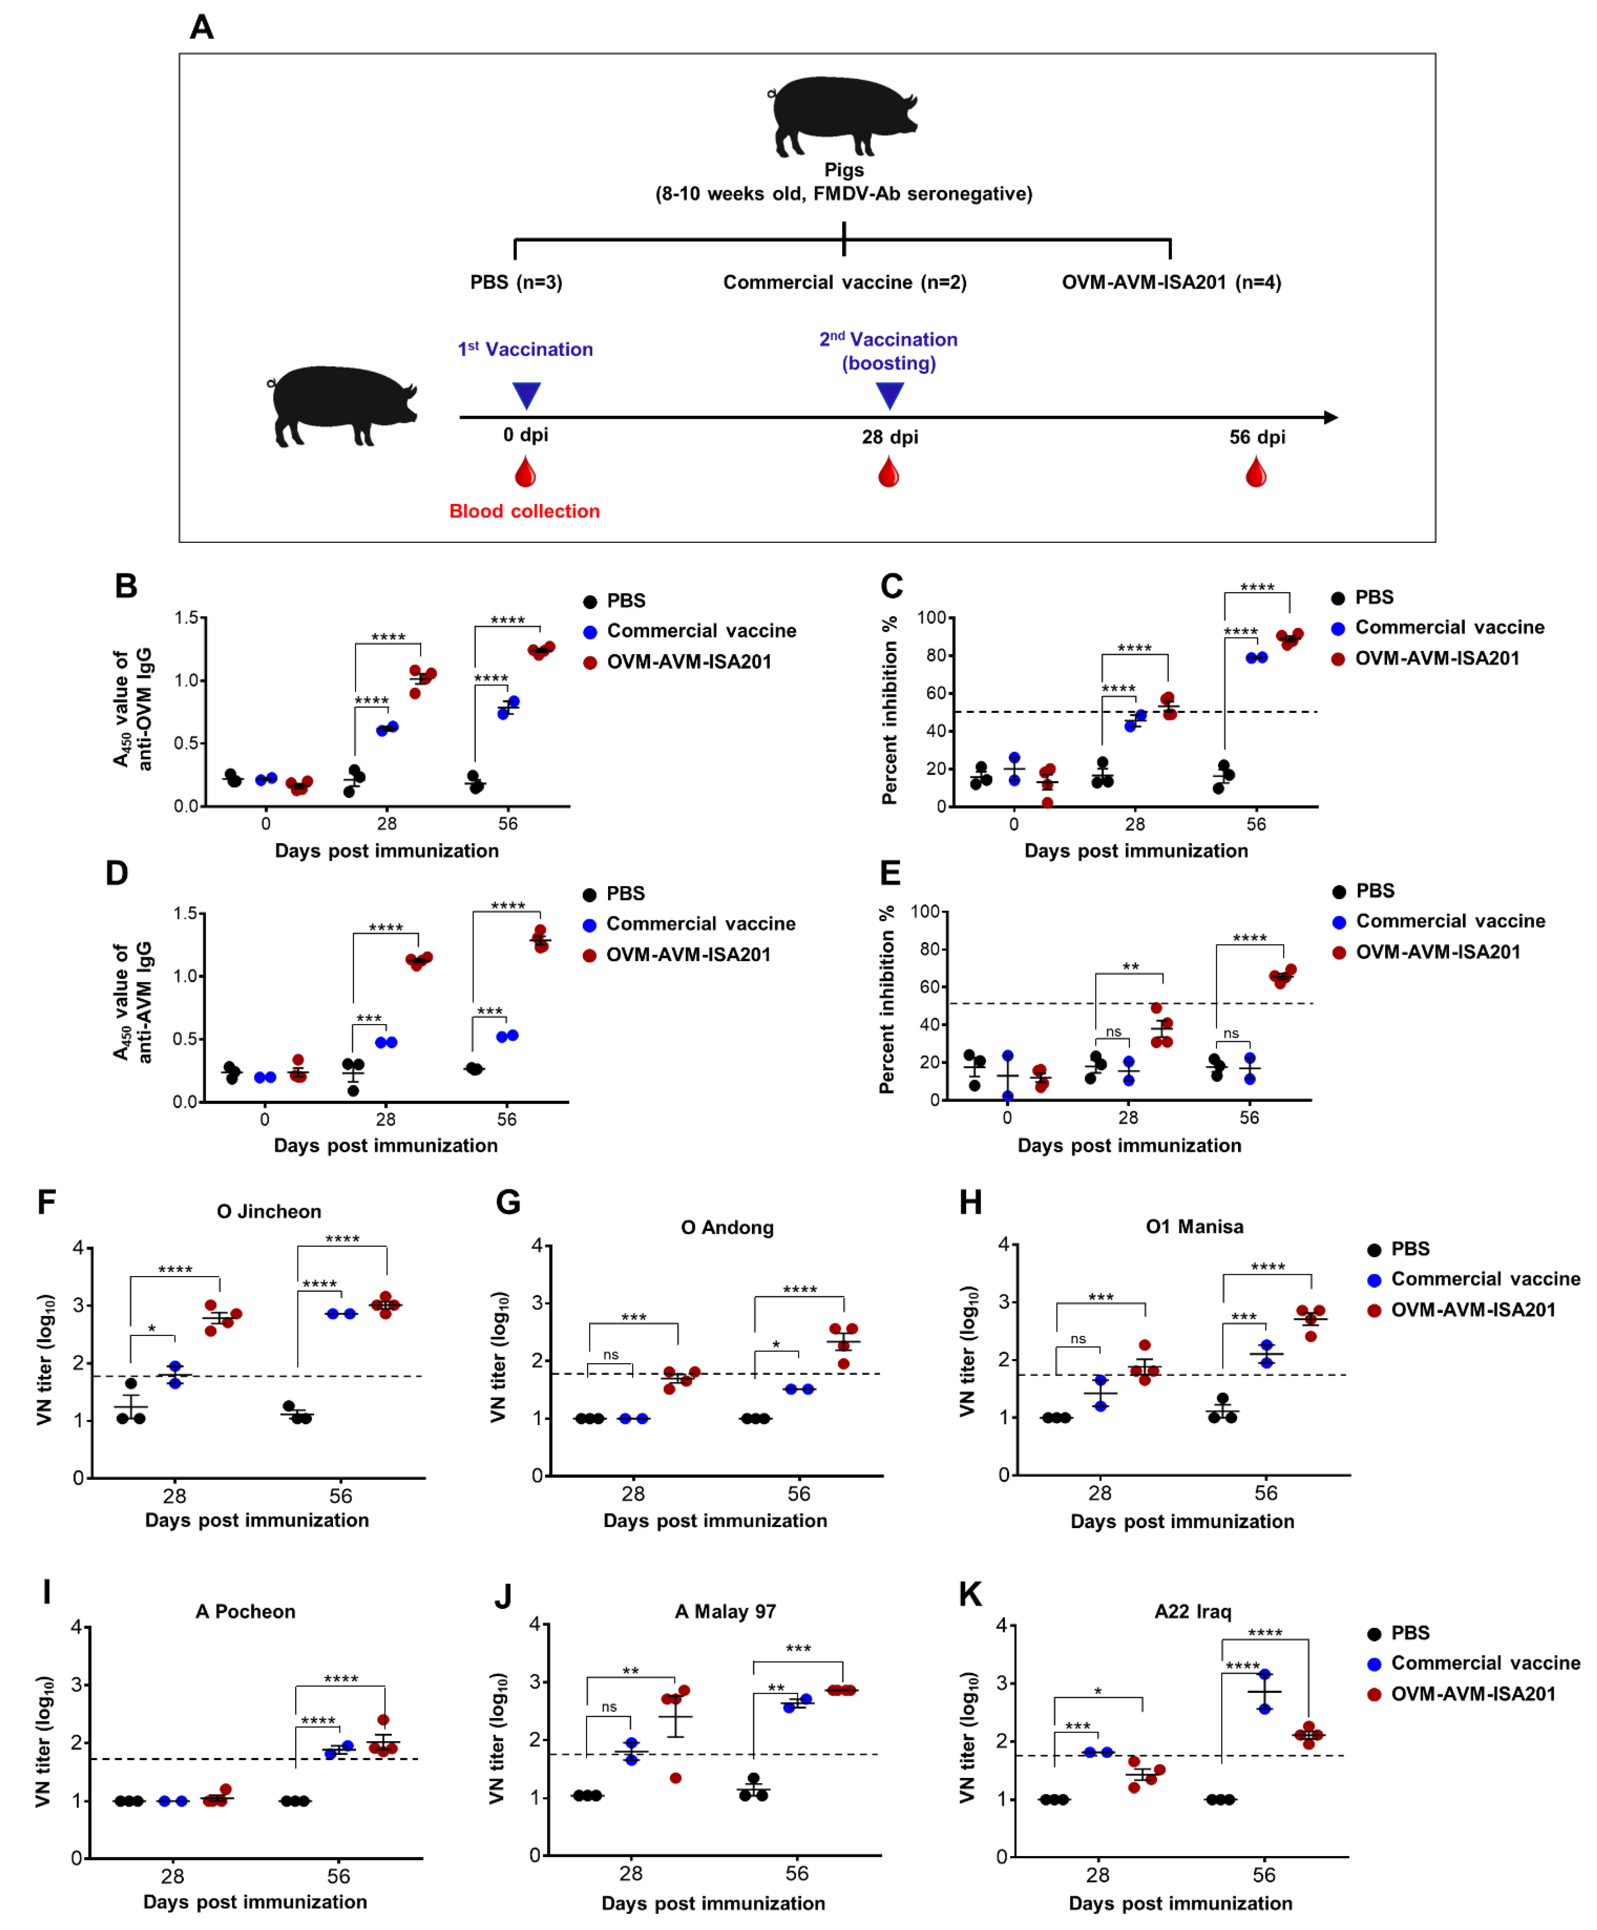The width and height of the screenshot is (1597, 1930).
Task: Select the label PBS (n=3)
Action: (x=516, y=282)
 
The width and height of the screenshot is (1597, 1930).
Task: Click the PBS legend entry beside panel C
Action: (x=1374, y=597)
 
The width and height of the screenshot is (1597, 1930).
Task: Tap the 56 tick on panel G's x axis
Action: (x=798, y=1493)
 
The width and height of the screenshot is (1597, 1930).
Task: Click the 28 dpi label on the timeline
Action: (x=889, y=437)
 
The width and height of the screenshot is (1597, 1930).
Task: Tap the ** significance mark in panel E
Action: (x=1130, y=966)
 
